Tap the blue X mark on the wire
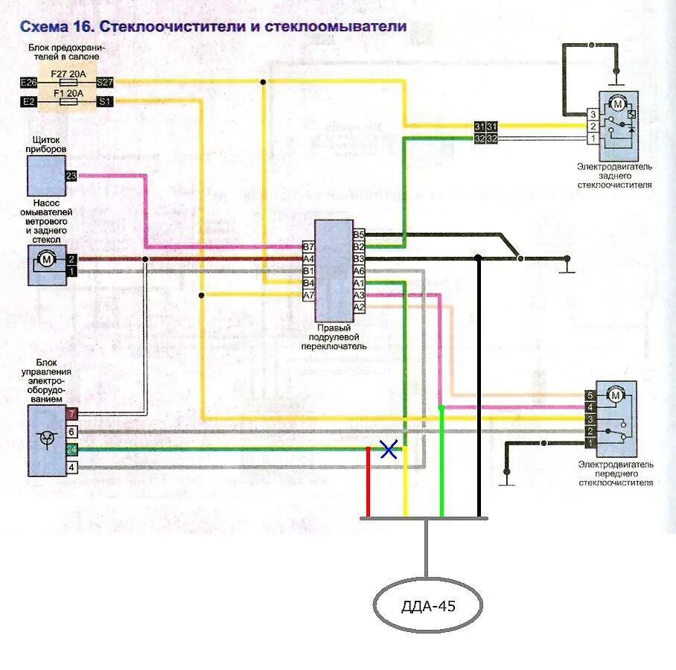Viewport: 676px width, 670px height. [388, 449]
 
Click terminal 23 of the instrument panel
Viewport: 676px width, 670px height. [71, 176]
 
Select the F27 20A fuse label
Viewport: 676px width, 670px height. [68, 74]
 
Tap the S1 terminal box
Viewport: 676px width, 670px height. [104, 101]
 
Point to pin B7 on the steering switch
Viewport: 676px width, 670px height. [309, 246]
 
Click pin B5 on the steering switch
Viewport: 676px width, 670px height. [359, 234]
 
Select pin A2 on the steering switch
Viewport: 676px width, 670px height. [359, 307]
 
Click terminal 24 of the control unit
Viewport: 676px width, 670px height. [71, 450]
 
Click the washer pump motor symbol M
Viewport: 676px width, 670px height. [46, 259]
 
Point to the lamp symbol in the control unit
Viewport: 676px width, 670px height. [47, 437]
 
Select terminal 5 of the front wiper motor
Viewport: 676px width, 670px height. [590, 395]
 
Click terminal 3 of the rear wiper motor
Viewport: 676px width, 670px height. [592, 115]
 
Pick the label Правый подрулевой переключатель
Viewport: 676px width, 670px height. [334, 336]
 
